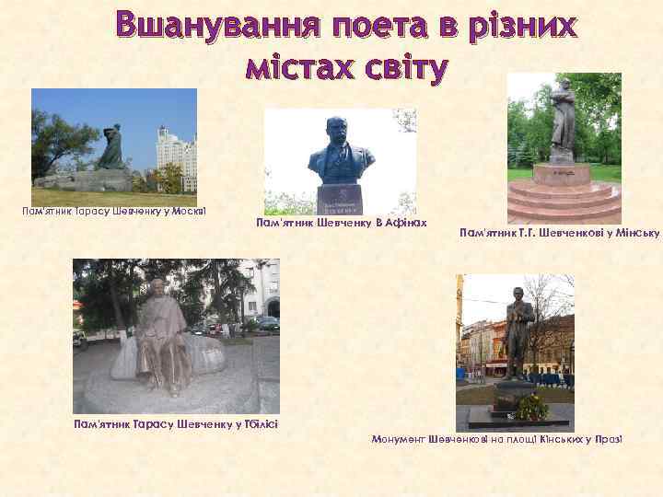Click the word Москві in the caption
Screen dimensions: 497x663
188,212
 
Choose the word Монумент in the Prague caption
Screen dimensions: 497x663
398,440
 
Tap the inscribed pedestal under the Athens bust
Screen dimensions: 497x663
339,198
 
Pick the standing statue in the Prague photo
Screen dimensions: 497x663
518,331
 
